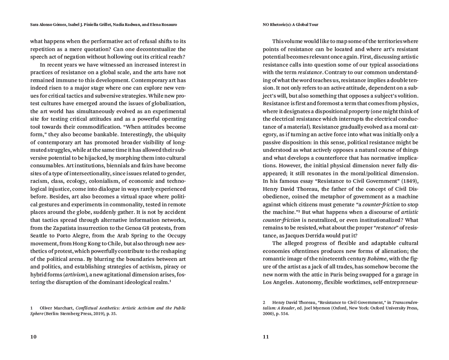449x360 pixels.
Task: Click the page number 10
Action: coord(33,337)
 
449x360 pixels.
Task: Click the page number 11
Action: coord(266,337)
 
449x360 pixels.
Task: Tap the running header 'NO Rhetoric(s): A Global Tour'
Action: coord(290,25)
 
